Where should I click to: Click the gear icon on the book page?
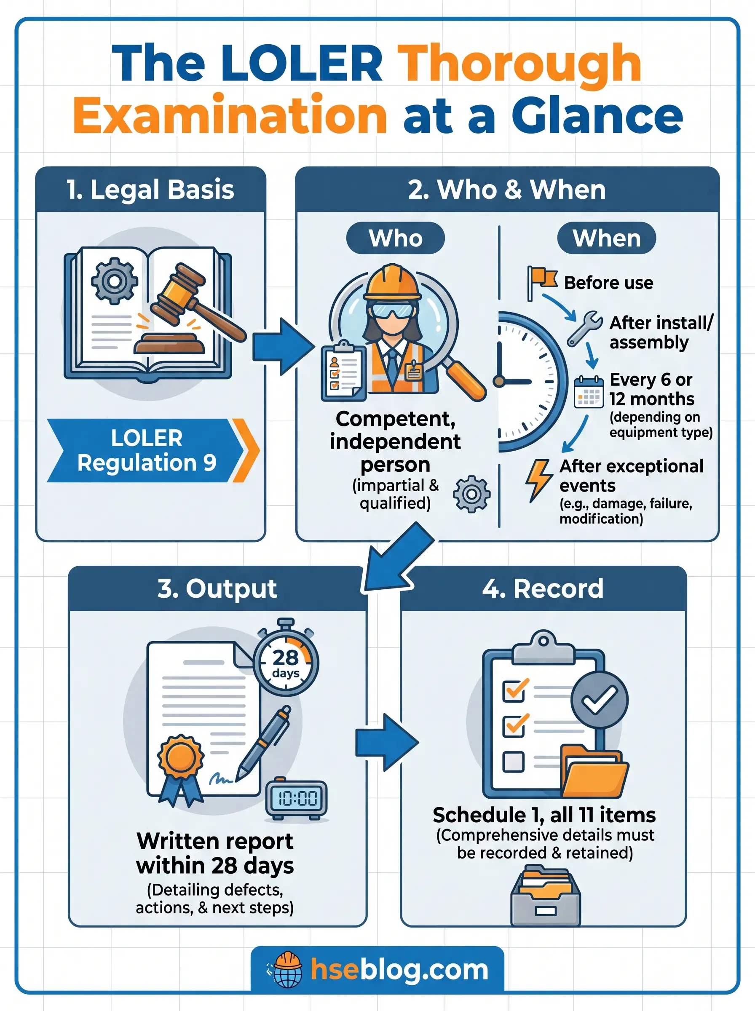coord(114,281)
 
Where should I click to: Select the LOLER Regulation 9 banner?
coord(146,450)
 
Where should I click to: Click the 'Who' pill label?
coord(395,238)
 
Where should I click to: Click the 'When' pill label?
coord(606,238)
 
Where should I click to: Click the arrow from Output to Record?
coord(386,743)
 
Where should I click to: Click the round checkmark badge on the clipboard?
coord(600,699)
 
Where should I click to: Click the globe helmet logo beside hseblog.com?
coord(286,969)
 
